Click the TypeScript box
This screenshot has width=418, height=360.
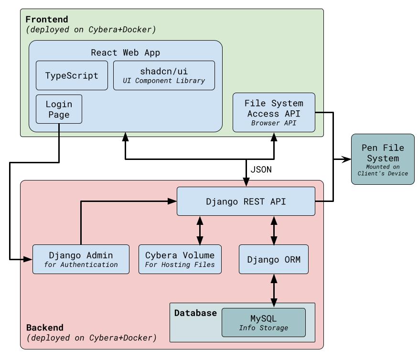click(x=72, y=75)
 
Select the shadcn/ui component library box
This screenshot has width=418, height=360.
click(x=164, y=75)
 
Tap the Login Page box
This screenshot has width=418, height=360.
click(x=59, y=109)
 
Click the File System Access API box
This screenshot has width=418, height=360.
click(x=274, y=112)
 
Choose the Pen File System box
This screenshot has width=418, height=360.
click(x=383, y=159)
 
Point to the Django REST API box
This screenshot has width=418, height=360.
click(x=246, y=201)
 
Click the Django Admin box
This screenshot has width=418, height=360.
click(x=81, y=259)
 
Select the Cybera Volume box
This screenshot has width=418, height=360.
click(x=180, y=259)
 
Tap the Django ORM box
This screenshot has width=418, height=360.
click(x=274, y=260)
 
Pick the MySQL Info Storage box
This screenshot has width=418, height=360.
click(x=263, y=322)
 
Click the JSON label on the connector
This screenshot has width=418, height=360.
click(x=261, y=169)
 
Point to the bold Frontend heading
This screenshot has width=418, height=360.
click(x=47, y=20)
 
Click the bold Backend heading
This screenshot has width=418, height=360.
click(x=45, y=328)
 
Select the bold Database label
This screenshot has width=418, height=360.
click(x=195, y=313)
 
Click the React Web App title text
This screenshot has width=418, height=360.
click(x=126, y=53)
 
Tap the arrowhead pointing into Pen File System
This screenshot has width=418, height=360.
click(x=347, y=159)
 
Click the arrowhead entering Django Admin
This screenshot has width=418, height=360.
click(x=28, y=259)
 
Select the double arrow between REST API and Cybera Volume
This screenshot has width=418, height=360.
click(x=200, y=231)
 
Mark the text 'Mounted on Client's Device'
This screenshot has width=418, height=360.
click(x=383, y=170)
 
